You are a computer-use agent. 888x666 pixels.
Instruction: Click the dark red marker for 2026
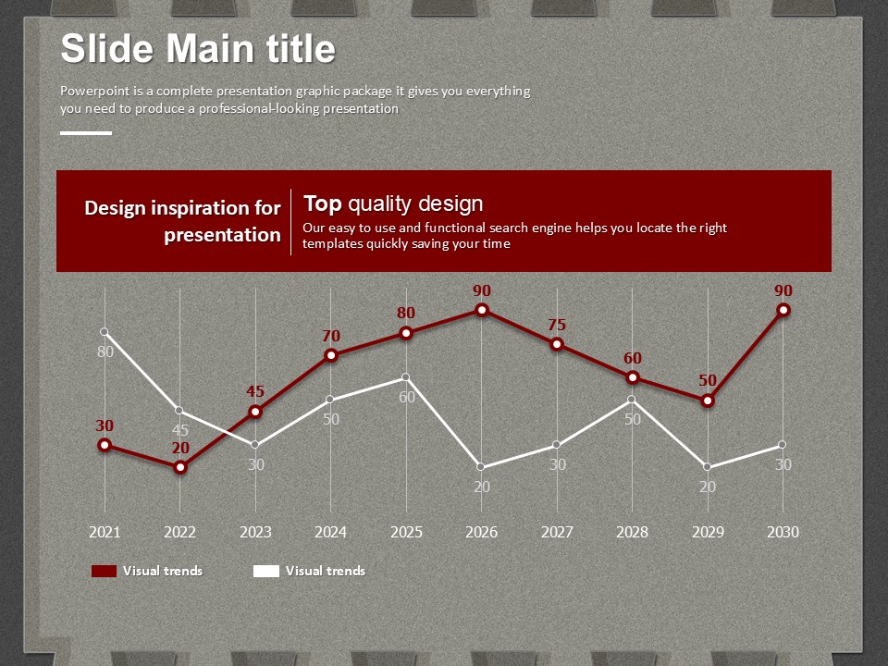point(482,310)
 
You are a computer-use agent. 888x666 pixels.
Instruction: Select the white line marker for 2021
point(105,332)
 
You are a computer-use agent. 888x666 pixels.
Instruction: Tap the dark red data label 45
point(255,391)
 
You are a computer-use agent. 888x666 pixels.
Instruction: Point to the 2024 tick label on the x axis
point(331,532)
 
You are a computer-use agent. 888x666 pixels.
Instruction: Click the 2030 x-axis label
point(783,532)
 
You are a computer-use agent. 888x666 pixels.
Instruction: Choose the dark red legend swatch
point(104,571)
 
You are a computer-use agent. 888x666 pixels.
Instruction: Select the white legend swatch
point(266,571)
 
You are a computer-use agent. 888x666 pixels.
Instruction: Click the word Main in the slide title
point(206,48)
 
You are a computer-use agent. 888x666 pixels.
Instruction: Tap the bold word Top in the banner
point(323,203)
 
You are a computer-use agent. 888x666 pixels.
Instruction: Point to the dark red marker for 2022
point(180,467)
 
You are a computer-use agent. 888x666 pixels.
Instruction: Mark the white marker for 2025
point(406,377)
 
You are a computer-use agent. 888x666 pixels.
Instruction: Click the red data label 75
point(557,325)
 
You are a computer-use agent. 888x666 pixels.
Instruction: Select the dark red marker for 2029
point(708,401)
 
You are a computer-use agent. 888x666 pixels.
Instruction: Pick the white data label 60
point(407,397)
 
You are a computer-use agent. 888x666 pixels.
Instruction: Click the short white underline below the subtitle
point(86,133)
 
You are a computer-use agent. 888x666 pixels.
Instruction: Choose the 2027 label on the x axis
point(557,532)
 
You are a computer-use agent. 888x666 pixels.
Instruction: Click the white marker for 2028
point(633,400)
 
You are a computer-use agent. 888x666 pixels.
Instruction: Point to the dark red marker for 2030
point(783,310)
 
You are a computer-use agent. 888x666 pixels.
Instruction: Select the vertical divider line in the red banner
point(291,221)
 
